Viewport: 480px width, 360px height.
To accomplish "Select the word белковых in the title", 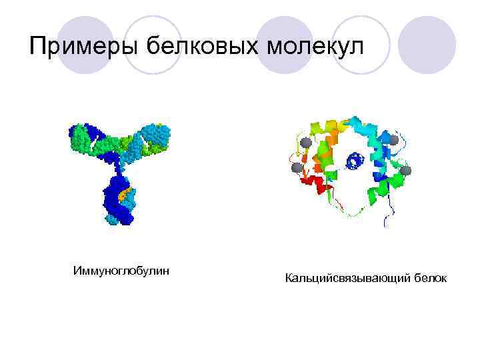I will pyautogui.click(x=203, y=47).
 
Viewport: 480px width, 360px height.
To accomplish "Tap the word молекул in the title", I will pyautogui.click(x=317, y=47).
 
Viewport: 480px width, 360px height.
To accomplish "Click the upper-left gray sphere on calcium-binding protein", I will pyautogui.click(x=305, y=142).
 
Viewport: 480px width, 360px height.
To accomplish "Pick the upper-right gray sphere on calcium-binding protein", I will pyautogui.click(x=393, y=140).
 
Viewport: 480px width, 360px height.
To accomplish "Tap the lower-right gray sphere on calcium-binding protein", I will pyautogui.click(x=406, y=171).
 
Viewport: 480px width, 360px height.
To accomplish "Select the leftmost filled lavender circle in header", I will pyautogui.click(x=85, y=45).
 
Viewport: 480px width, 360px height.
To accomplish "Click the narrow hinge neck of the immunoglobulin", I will pyautogui.click(x=119, y=163).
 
